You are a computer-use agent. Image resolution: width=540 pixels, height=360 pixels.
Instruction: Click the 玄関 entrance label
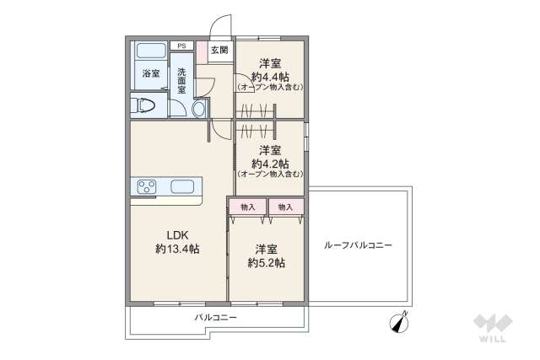[x=219, y=51]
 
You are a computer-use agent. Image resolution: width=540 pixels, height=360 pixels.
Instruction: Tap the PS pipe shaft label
[x=181, y=46]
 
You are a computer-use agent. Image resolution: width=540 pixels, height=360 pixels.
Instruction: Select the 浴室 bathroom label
[x=151, y=74]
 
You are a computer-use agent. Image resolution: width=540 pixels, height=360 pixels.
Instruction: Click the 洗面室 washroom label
[x=181, y=80]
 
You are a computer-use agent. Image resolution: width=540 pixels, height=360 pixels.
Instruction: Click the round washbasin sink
[x=199, y=109]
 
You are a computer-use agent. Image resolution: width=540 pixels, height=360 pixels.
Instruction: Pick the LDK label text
[x=176, y=234]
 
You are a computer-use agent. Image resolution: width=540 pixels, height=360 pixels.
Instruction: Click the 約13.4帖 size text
[x=177, y=249]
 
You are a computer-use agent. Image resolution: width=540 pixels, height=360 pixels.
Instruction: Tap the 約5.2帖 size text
[x=266, y=262]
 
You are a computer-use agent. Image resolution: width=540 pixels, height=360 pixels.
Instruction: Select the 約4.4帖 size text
[x=270, y=76]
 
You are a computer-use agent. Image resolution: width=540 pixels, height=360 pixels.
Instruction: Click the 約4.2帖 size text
[x=270, y=163]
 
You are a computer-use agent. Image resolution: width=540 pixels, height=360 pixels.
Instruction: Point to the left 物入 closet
[x=247, y=207]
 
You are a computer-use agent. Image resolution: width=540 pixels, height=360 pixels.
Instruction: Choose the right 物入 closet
[x=285, y=207]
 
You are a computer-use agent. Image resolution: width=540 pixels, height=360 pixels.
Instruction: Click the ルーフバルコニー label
[x=358, y=246]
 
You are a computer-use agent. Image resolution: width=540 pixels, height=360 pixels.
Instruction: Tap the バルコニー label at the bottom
[x=215, y=318]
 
